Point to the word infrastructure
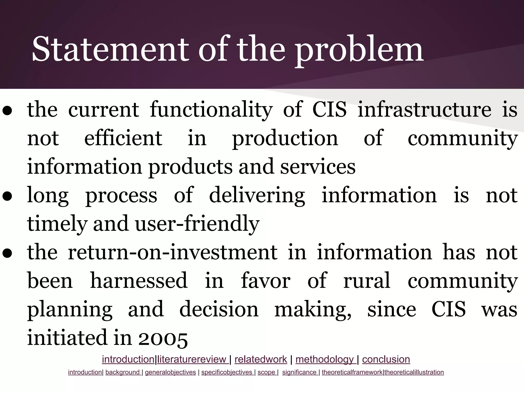tap(424, 110)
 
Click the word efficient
tap(123, 138)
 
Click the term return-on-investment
tap(173, 252)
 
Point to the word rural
tap(367, 281)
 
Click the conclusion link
tap(386, 359)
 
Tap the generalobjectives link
tap(170, 372)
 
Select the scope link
tap(267, 372)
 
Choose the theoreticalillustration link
tap(414, 372)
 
